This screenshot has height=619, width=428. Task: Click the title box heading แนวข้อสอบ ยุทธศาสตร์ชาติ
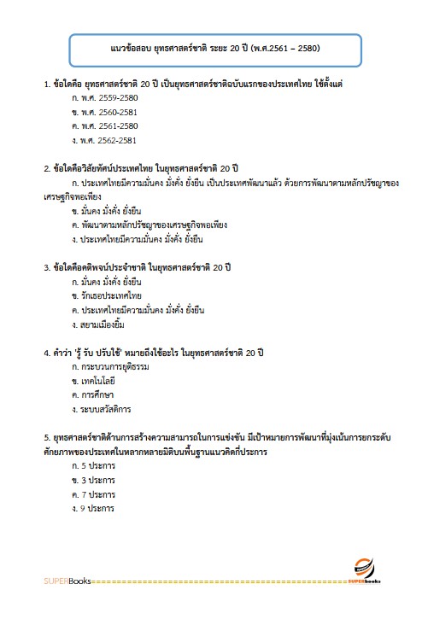214,49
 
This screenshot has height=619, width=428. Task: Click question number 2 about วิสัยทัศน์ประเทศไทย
47,167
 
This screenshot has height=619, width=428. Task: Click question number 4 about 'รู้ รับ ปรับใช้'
47,351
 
